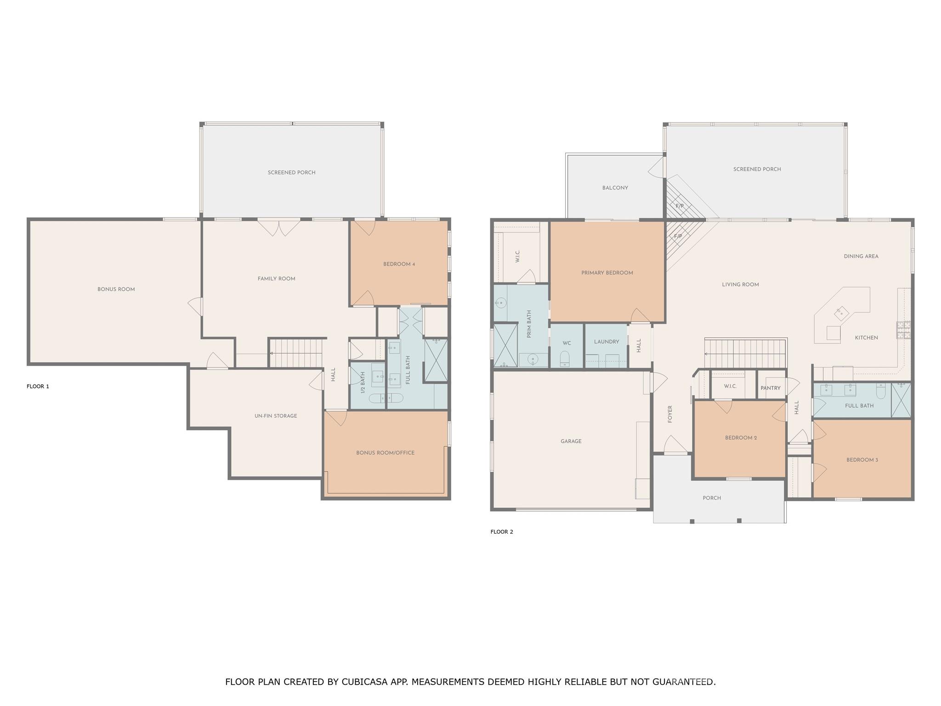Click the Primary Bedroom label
point(607,273)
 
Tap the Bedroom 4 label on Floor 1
point(399,264)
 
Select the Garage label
point(571,441)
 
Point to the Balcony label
point(615,188)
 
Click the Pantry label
point(770,388)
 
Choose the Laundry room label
point(606,342)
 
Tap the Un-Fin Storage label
point(276,416)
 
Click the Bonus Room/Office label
point(385,453)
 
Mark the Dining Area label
point(861,256)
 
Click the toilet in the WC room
point(565,358)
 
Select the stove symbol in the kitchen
point(903,330)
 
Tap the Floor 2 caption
point(501,532)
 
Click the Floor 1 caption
point(38,387)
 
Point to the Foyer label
point(670,414)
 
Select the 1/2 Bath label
point(363,382)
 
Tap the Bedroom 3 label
point(862,460)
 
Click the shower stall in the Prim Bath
point(505,345)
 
